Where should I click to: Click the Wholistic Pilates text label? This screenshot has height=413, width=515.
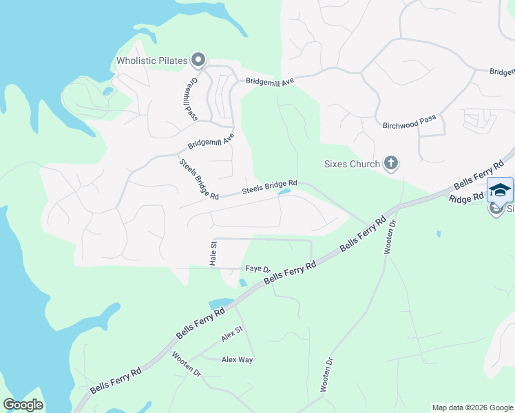point(151,61)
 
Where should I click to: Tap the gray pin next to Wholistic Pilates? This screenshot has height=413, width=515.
point(198,61)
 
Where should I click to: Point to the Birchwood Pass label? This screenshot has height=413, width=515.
point(409,122)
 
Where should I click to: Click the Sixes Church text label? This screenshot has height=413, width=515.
point(352,164)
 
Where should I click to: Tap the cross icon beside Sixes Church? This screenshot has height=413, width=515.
point(390,163)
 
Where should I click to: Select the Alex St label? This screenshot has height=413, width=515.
point(233,336)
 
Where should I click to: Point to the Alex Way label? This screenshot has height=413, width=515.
point(237,359)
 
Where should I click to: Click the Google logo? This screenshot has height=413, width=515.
point(23,405)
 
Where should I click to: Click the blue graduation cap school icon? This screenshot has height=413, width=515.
point(500,190)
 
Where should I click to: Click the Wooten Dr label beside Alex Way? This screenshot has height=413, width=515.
point(186,363)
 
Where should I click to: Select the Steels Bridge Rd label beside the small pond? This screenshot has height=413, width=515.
point(269,187)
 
